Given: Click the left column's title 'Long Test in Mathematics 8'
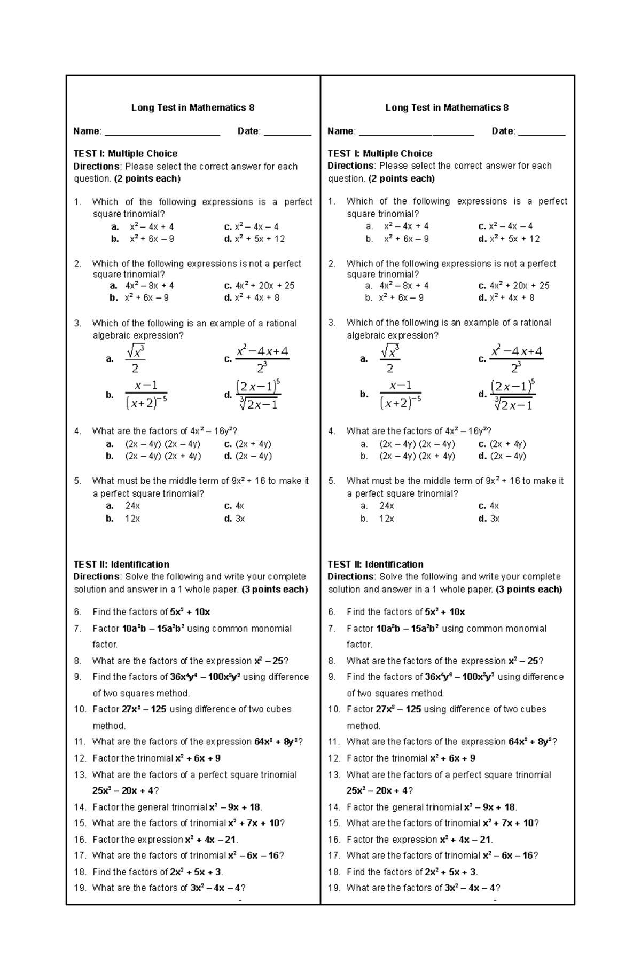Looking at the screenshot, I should click(193, 108).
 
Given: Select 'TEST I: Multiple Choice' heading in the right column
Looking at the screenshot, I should click(380, 153).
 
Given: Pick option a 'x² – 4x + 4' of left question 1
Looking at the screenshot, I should click(152, 226).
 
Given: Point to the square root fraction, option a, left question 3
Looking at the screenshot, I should click(135, 359).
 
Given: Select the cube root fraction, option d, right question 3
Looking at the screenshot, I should click(513, 395).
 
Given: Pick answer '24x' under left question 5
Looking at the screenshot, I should click(132, 506).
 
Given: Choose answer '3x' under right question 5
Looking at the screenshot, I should click(495, 519).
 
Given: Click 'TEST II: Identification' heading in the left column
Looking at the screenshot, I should click(121, 565).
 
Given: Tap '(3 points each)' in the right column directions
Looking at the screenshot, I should click(529, 590).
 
